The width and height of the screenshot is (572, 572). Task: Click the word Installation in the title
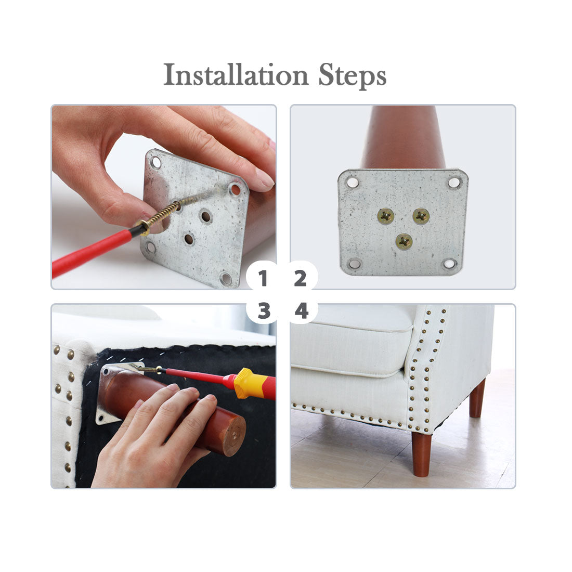[236, 75]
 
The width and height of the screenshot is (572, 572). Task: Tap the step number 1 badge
[263, 278]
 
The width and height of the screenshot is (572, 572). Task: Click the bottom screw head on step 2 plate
[404, 241]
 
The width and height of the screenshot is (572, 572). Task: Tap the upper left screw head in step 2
[386, 216]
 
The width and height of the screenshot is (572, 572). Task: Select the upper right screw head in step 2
[421, 216]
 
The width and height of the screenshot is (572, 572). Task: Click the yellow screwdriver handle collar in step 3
[250, 384]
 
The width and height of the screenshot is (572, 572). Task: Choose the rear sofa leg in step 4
[477, 398]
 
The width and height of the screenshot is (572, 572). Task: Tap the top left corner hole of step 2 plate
[352, 181]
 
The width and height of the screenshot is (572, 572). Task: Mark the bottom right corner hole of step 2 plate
[449, 263]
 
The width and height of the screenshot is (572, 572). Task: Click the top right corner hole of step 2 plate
[454, 181]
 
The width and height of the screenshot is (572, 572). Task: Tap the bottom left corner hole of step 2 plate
[354, 263]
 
